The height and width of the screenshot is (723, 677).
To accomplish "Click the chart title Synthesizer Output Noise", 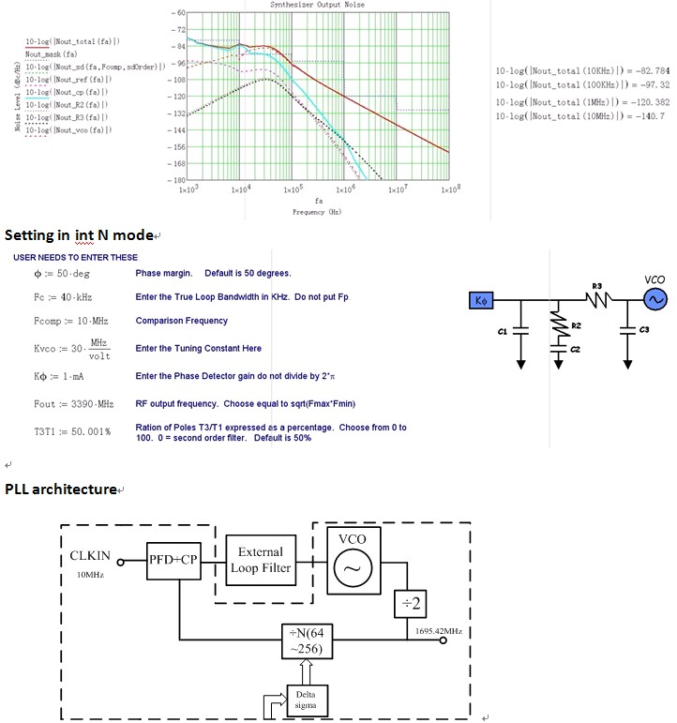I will (x=305, y=5).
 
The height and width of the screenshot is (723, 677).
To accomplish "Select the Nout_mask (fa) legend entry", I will (x=52, y=54).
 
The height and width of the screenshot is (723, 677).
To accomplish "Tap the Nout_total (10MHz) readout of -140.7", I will (x=580, y=116).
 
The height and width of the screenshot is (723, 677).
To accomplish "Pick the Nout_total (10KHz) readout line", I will (x=582, y=71).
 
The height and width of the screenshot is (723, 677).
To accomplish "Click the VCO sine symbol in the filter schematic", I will (x=653, y=299).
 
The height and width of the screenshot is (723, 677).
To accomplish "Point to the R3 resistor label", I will (x=597, y=284).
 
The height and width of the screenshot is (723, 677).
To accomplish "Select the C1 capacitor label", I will (x=504, y=331).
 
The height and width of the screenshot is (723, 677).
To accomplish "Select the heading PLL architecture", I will (x=61, y=490).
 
